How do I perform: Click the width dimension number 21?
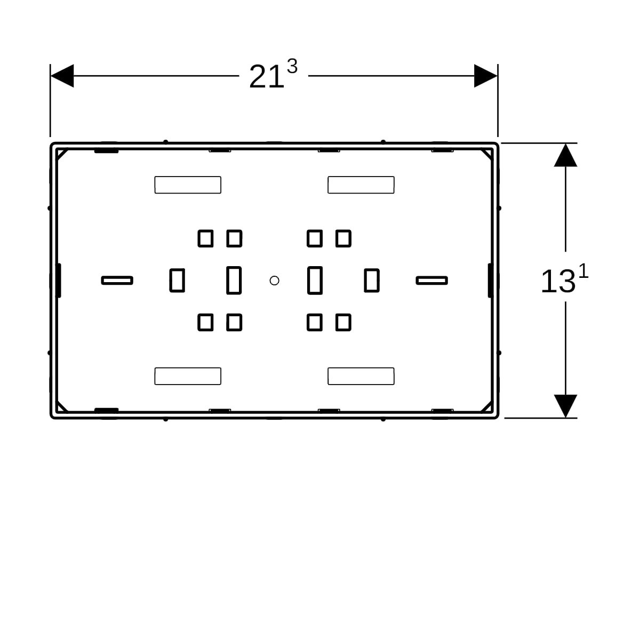coord(266,77)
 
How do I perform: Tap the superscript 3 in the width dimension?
coord(292,67)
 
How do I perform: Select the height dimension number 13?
coord(558,281)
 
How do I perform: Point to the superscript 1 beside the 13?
coord(583,271)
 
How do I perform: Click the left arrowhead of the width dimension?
coord(62,76)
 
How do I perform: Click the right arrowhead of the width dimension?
coord(485,76)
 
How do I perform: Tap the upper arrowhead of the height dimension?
coord(566,155)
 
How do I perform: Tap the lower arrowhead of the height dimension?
coord(566,406)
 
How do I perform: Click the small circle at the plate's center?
coord(274,281)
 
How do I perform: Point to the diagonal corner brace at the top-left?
coord(62,155)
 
